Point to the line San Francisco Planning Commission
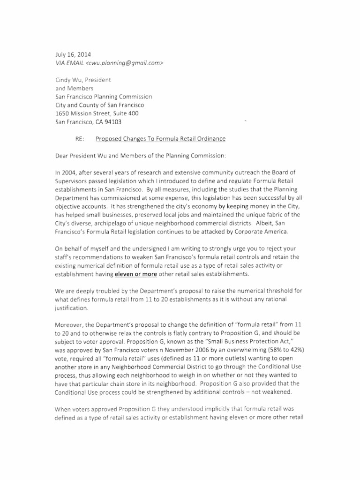click(x=104, y=96)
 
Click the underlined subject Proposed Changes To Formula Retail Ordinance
click(x=161, y=139)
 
